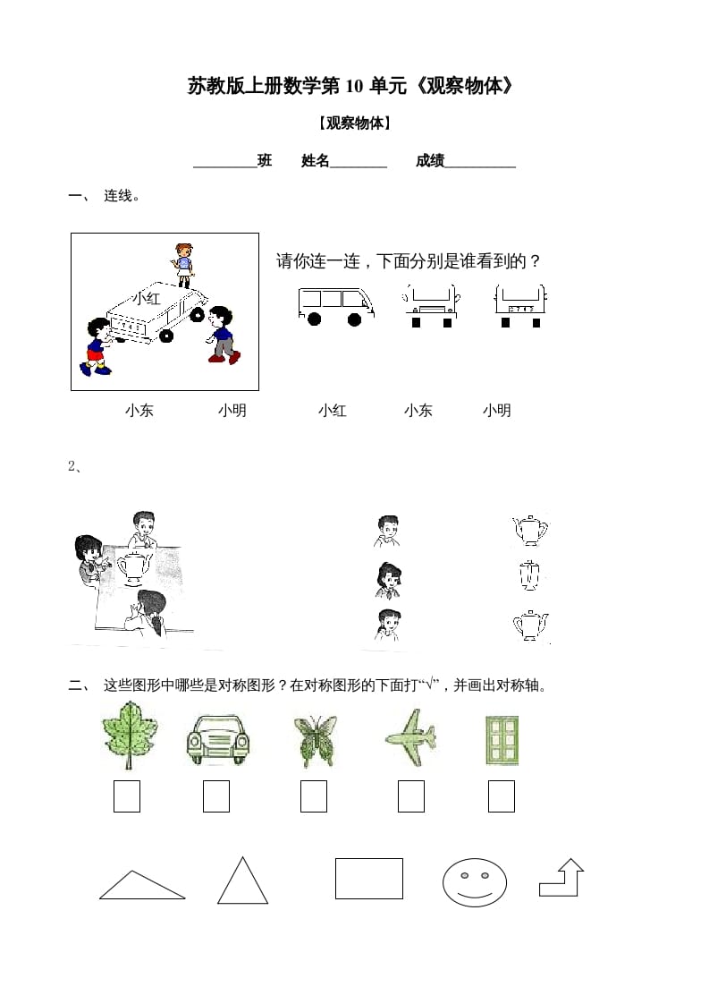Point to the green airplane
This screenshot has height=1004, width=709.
coord(410,738)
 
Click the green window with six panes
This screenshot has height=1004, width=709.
coord(502,740)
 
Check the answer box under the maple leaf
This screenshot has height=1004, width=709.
coord(127,796)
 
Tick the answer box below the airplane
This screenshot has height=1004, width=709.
coord(410,796)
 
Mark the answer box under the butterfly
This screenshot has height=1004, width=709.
coord(314,796)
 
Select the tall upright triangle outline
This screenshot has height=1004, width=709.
coord(242,882)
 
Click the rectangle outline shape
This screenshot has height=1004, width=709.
coord(368,878)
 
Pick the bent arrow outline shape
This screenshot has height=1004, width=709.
coord(561,878)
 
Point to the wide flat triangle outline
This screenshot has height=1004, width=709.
coord(141,886)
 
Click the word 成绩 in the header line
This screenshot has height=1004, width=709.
coord(429,161)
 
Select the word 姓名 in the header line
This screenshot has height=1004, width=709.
coord(316,161)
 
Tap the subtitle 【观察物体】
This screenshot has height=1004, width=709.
coord(354,123)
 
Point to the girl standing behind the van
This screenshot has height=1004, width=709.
coord(183,264)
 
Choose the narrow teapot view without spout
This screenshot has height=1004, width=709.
coord(529,576)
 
